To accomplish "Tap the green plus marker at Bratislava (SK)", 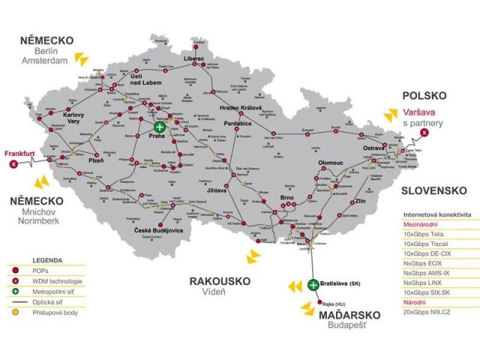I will click(313, 284).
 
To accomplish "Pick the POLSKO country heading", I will click(424, 96).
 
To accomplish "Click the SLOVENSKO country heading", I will click(434, 190).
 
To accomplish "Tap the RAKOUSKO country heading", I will click(219, 280).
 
